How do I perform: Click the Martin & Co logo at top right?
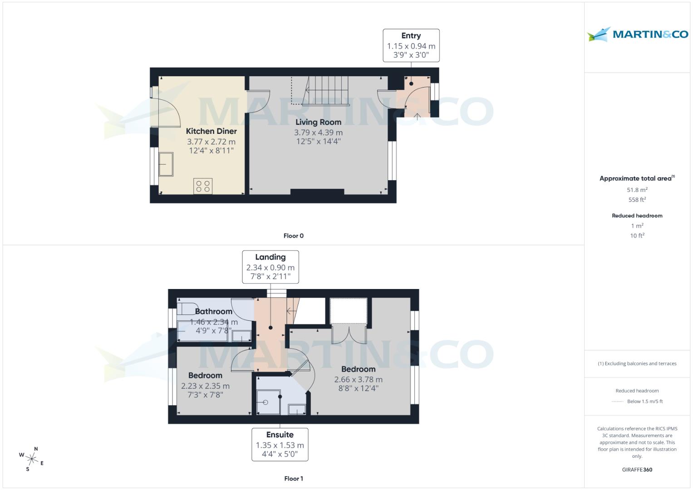[x=637, y=34]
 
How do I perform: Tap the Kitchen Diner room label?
[x=211, y=131]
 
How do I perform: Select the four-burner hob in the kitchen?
[x=203, y=186]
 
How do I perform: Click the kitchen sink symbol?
[x=166, y=164]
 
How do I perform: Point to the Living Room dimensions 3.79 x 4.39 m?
[x=318, y=132]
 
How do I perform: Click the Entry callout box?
[x=411, y=45]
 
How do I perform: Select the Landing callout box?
[x=270, y=267]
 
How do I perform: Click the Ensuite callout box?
[x=280, y=445]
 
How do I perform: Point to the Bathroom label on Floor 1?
[x=213, y=311]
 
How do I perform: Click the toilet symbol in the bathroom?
[x=186, y=309]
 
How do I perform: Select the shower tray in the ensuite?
[x=268, y=402]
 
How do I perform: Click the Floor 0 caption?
[x=293, y=235]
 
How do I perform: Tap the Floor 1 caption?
[x=293, y=478]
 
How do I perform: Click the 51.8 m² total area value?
[x=637, y=190]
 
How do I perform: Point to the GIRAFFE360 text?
[x=637, y=470]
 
